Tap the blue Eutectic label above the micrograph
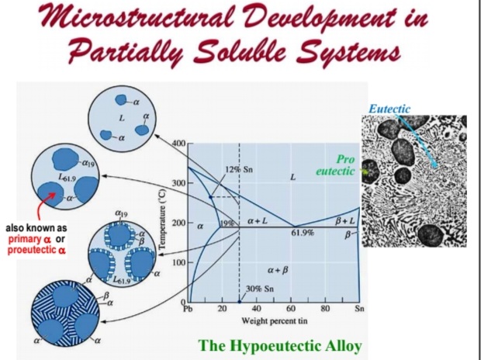389,109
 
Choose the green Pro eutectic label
340,164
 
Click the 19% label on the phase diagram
226,223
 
